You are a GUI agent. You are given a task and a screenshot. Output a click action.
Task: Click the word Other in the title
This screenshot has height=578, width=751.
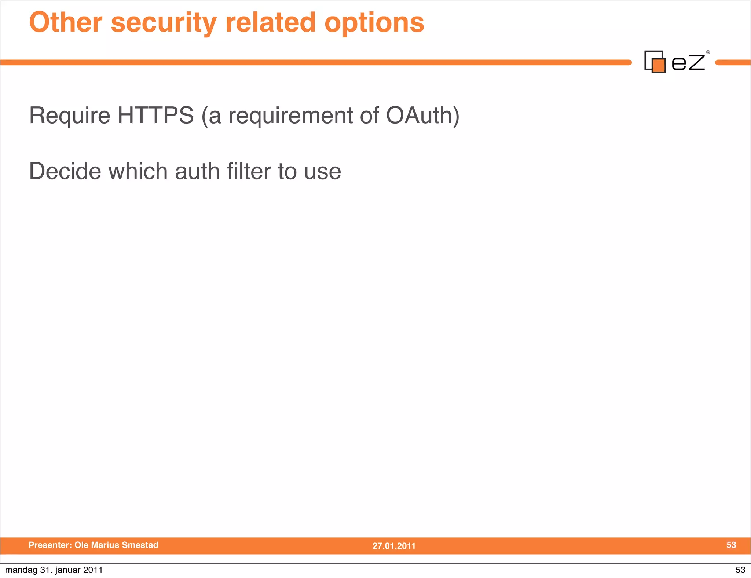pyautogui.click(x=66, y=22)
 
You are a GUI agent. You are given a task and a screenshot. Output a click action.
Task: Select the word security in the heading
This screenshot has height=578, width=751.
pyautogui.click(x=164, y=23)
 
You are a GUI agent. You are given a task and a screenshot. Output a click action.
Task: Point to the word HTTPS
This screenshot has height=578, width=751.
pyautogui.click(x=155, y=116)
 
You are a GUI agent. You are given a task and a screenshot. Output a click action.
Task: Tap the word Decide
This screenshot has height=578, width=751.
pyautogui.click(x=65, y=171)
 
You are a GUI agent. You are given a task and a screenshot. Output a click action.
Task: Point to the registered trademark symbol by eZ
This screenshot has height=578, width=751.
pyautogui.click(x=708, y=52)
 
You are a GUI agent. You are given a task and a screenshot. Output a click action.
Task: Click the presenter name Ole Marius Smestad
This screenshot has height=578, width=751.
pyautogui.click(x=116, y=545)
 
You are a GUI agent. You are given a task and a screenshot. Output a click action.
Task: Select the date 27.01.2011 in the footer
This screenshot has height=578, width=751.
pyautogui.click(x=394, y=546)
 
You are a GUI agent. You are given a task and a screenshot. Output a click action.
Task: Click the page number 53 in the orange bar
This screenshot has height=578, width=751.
pyautogui.click(x=731, y=545)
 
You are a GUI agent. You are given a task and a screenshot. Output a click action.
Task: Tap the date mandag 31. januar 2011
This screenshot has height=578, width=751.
pyautogui.click(x=54, y=570)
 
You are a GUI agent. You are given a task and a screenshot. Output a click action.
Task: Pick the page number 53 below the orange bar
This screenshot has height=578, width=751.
pyautogui.click(x=740, y=570)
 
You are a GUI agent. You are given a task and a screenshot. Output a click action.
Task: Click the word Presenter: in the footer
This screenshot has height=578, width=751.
pyautogui.click(x=50, y=545)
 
